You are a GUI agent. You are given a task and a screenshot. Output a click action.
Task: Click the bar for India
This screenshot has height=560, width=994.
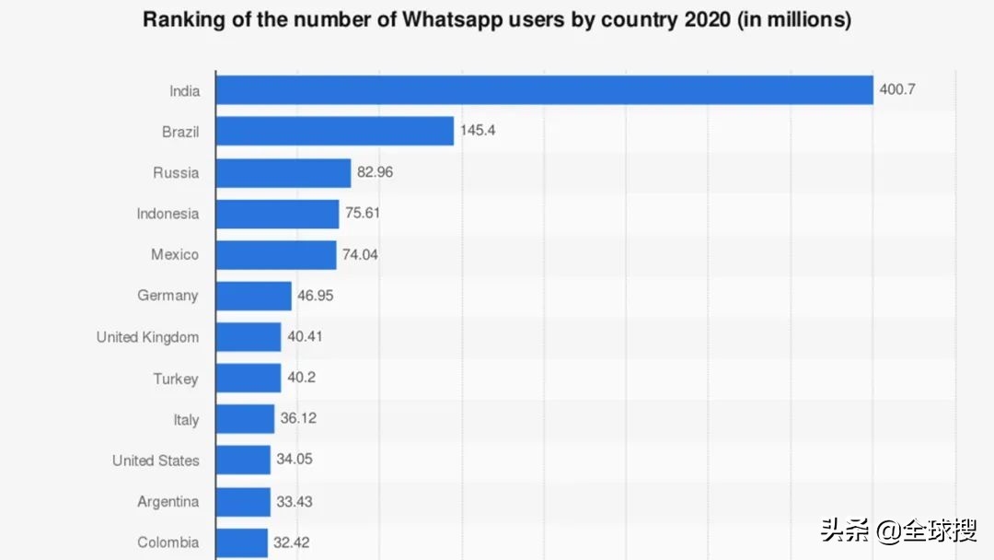click(544, 90)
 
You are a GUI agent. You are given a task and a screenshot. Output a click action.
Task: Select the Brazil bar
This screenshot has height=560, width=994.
click(335, 131)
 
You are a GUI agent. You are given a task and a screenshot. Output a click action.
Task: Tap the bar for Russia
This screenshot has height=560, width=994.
click(283, 172)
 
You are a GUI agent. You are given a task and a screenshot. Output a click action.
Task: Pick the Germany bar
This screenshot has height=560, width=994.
click(254, 296)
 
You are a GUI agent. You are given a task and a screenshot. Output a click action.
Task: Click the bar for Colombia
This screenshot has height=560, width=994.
click(242, 542)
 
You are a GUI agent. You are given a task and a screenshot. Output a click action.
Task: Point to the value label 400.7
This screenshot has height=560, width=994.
click(897, 90)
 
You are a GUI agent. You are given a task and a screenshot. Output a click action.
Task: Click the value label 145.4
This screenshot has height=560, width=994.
click(478, 131)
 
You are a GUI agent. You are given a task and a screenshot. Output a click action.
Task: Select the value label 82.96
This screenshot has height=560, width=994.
click(375, 172)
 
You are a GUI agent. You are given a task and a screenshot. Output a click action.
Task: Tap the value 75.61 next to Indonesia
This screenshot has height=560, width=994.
click(363, 213)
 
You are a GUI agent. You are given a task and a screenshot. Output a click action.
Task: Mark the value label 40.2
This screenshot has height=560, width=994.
click(302, 378)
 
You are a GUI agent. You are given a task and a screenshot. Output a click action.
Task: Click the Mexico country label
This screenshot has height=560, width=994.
click(175, 254)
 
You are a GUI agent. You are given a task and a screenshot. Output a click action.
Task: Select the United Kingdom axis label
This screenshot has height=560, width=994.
click(147, 337)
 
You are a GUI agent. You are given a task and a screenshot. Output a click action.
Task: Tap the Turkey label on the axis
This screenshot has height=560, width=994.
click(176, 379)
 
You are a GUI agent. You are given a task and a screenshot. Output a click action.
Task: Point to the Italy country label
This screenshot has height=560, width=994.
click(186, 420)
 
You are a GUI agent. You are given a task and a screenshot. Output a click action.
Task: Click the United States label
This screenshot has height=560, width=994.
click(156, 461)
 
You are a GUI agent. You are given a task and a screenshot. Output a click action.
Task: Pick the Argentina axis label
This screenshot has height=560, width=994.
click(168, 502)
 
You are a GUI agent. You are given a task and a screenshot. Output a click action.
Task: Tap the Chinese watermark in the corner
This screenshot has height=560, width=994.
click(898, 531)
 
